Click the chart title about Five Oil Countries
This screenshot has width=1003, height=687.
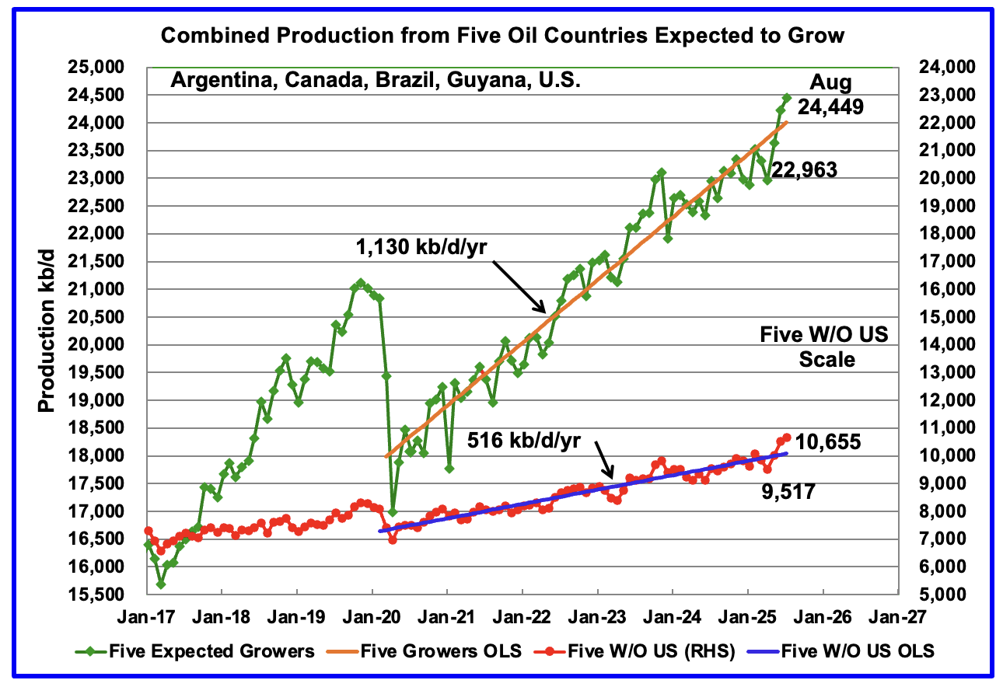tap(501, 36)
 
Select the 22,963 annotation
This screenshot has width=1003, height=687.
tap(805, 170)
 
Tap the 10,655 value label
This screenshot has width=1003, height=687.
tap(827, 442)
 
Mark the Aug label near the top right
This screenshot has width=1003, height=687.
tap(831, 82)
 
